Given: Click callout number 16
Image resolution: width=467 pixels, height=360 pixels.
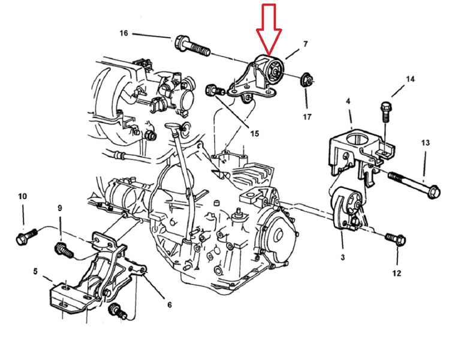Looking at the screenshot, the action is pyautogui.click(x=123, y=33).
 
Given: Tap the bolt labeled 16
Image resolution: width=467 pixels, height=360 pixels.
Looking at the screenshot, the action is pyautogui.click(x=192, y=46).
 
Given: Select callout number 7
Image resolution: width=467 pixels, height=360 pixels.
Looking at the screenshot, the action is pyautogui.click(x=305, y=44).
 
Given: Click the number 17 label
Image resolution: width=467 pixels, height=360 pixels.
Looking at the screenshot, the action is pyautogui.click(x=307, y=116).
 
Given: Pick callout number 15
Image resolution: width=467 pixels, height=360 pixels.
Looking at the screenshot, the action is pyautogui.click(x=255, y=134).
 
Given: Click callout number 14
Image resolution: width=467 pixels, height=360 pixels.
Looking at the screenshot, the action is pyautogui.click(x=410, y=79).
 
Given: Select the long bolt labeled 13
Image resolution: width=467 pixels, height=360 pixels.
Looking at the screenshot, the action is pyautogui.click(x=414, y=185).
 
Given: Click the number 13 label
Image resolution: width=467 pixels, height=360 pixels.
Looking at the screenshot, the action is pyautogui.click(x=425, y=143).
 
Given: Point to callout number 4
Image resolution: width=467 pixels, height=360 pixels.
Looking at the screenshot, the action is pyautogui.click(x=348, y=101).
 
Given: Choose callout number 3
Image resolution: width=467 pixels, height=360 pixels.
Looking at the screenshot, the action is pyautogui.click(x=342, y=257).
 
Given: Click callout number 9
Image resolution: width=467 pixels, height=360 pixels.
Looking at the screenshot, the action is pyautogui.click(x=59, y=208).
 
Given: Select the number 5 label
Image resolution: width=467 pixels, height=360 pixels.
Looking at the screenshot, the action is pyautogui.click(x=35, y=271).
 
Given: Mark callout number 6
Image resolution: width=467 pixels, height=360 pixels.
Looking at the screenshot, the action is pyautogui.click(x=169, y=305).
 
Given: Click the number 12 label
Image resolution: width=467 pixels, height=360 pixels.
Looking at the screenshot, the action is pyautogui.click(x=397, y=272).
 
